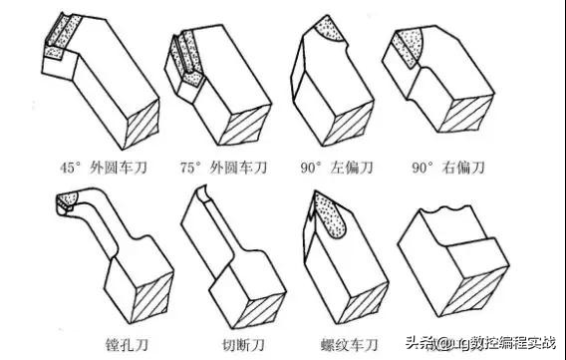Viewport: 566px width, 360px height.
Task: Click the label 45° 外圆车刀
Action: click(x=104, y=168)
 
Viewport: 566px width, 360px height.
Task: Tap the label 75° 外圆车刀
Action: click(x=224, y=168)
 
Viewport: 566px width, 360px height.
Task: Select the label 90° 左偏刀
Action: click(x=337, y=168)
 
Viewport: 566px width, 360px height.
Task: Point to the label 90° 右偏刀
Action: click(x=448, y=168)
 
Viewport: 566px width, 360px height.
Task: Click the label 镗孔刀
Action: click(x=128, y=344)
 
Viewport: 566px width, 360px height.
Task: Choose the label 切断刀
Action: click(x=244, y=344)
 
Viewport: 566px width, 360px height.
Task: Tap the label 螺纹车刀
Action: click(x=349, y=344)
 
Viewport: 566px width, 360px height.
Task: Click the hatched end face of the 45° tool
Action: click(x=141, y=124)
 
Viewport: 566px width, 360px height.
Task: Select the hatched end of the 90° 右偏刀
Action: click(x=466, y=114)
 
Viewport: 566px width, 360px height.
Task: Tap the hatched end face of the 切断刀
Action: click(x=259, y=310)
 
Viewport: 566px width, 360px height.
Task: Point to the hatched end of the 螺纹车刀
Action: click(x=363, y=302)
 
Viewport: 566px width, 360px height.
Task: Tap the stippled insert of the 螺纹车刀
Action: click(x=330, y=214)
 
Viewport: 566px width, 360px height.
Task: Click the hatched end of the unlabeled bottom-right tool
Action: click(x=475, y=291)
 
